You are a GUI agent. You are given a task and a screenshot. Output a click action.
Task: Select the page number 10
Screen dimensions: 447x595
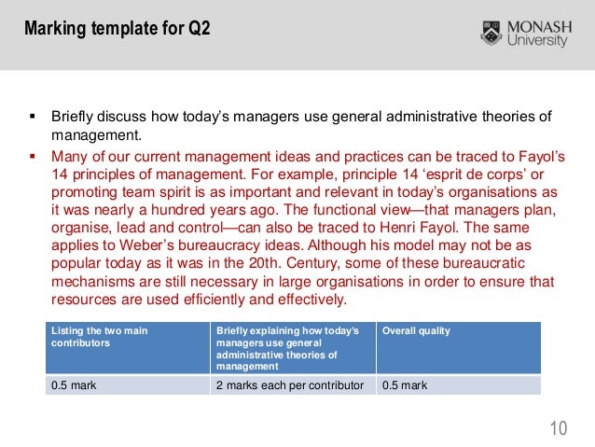pos(559,427)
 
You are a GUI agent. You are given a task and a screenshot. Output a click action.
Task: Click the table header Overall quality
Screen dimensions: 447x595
pos(415,331)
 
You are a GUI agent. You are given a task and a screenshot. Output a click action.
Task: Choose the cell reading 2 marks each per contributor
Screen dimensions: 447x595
pos(288,384)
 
